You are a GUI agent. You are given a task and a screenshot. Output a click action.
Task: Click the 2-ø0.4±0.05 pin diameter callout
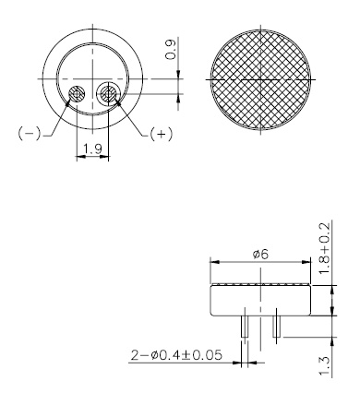(175, 352)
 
